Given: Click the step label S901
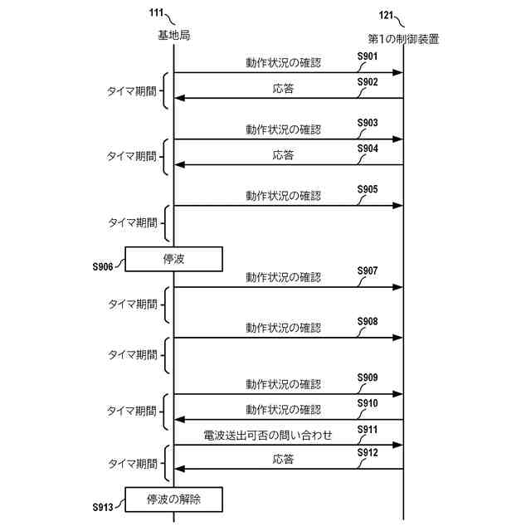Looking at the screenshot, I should (x=368, y=56).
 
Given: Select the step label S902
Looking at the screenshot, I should (x=368, y=82).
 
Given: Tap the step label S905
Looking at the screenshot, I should (x=368, y=189).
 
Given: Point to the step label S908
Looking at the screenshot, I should (x=368, y=321).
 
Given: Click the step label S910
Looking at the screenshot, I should (x=368, y=403).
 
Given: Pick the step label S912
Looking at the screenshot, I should (x=368, y=453).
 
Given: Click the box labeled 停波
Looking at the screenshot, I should (x=173, y=259).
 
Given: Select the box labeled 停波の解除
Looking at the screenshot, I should (x=173, y=499).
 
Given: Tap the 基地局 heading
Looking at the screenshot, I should (x=173, y=36).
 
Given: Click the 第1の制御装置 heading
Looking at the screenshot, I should (x=403, y=38).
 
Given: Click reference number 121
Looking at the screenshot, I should (x=386, y=14).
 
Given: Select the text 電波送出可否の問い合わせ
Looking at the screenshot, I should (x=267, y=435).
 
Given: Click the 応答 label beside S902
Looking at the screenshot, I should (x=283, y=87).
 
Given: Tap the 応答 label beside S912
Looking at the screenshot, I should (x=283, y=458).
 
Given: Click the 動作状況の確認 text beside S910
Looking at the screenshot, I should (x=283, y=409).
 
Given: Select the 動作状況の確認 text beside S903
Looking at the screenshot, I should (x=283, y=129).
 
